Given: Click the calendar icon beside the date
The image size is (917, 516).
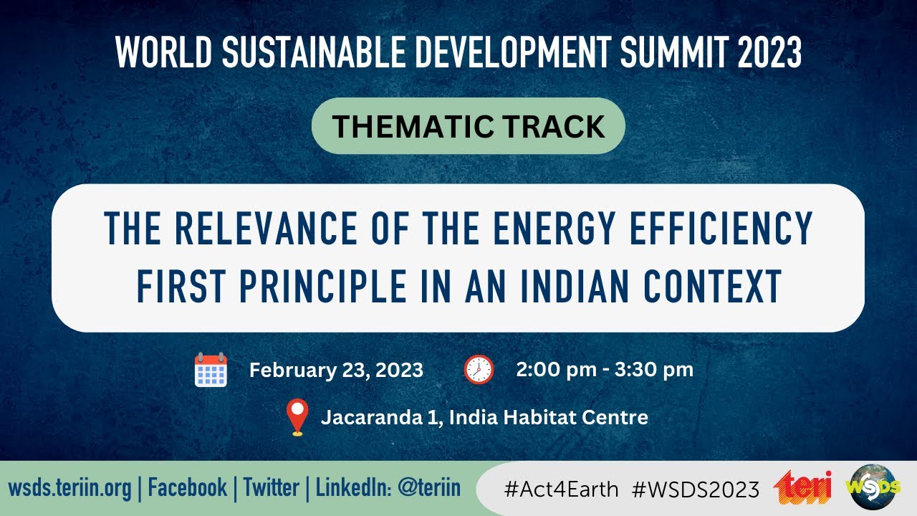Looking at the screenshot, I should click(211, 370).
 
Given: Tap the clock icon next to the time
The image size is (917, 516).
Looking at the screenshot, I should click(479, 370).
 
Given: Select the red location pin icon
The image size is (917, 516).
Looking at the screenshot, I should click(297, 417).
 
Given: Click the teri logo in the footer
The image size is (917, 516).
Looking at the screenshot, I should click(803, 488).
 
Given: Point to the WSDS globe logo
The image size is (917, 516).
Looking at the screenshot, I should click(873, 487).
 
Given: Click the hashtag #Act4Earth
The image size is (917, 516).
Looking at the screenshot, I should click(561, 489).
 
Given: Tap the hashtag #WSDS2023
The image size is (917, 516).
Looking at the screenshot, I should click(696, 489).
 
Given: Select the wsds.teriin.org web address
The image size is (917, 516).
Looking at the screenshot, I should click(70, 488).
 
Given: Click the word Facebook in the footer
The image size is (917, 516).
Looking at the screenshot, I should click(187, 488).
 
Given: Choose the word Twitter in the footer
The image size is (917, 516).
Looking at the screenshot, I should click(271, 488).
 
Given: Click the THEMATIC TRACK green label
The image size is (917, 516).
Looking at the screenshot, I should click(469, 126).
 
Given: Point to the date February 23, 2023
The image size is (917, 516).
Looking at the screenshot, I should click(336, 371).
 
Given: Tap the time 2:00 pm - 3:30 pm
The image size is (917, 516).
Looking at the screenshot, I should click(605, 370).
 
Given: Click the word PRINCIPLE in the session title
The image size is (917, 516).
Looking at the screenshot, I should click(321, 287).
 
